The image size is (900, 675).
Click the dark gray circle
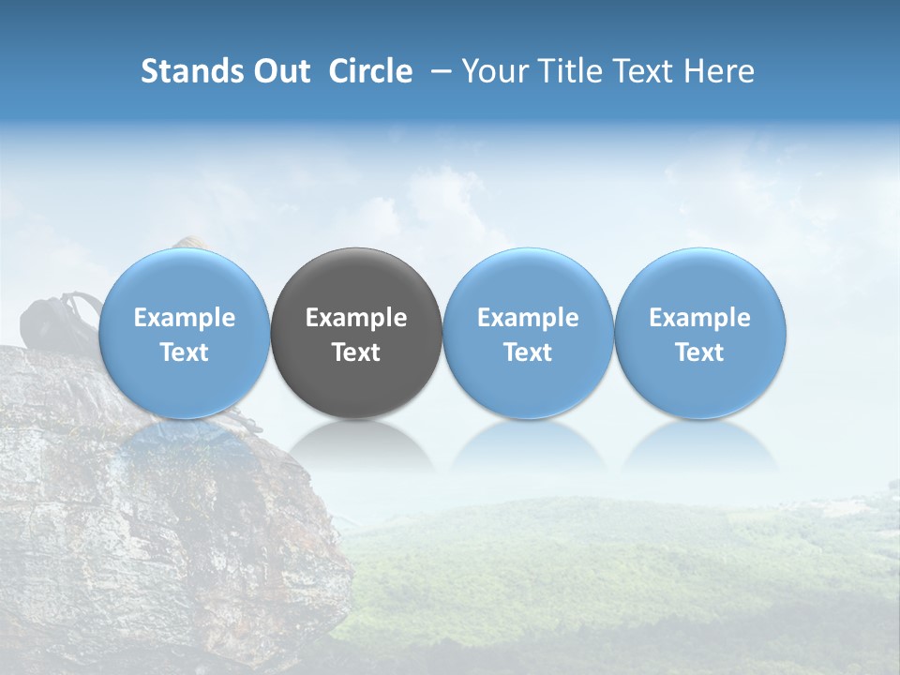[356, 333]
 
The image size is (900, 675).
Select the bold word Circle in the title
[370, 71]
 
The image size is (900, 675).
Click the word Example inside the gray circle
[356, 318]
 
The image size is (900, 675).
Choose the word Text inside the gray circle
[356, 352]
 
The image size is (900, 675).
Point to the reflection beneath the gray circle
[356, 444]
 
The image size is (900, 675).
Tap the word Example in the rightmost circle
[700, 318]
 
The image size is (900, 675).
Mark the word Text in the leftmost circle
[184, 352]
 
